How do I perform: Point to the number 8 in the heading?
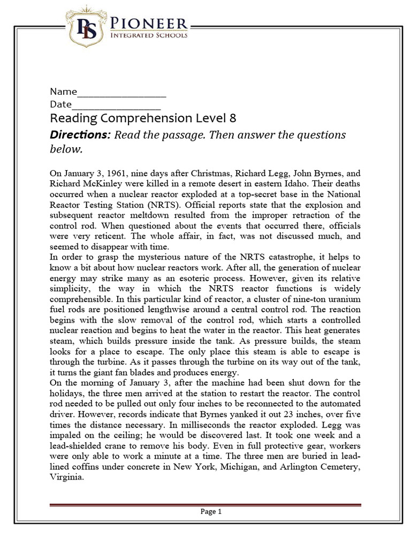[233, 118]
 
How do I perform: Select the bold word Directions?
[80, 135]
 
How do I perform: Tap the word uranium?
[344, 299]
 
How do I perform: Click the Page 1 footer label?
[211, 512]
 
